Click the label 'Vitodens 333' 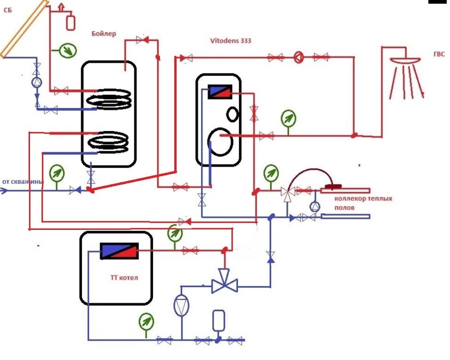click(x=230, y=41)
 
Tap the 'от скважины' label click(x=23, y=182)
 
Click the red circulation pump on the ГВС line click(x=298, y=58)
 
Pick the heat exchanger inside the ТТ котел click(x=119, y=251)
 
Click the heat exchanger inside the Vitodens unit click(x=220, y=92)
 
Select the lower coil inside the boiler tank click(x=109, y=143)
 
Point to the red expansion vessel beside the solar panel click(x=71, y=22)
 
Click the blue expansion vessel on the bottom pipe click(x=218, y=321)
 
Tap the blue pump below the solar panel click(x=37, y=83)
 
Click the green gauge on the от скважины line click(x=57, y=172)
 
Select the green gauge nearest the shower click(x=288, y=118)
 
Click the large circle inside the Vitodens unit click(x=222, y=141)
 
